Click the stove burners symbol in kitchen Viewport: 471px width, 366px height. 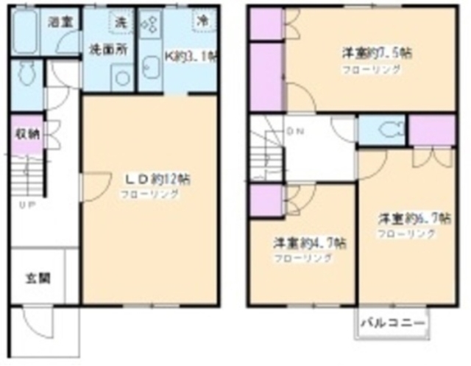(x=149, y=23)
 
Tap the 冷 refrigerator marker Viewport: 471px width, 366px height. (x=201, y=20)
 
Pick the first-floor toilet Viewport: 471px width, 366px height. (x=27, y=74)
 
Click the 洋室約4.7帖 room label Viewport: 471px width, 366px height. (x=302, y=243)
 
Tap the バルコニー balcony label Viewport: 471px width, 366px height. (x=393, y=323)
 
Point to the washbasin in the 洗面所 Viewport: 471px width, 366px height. (x=120, y=76)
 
